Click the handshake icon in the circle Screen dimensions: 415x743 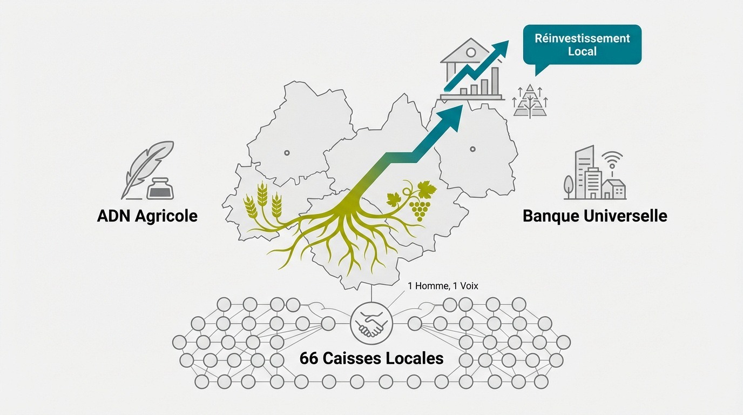coord(371,323)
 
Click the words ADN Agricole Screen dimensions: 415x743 coord(147,216)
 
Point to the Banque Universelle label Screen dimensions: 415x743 coord(595,216)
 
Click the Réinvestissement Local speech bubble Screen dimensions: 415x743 coord(582,45)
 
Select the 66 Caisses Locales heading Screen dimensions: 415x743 coord(371,358)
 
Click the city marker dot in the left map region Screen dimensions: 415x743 coord(287,153)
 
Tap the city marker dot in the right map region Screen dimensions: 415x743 coord(472,149)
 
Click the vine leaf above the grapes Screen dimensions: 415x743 coord(426,190)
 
